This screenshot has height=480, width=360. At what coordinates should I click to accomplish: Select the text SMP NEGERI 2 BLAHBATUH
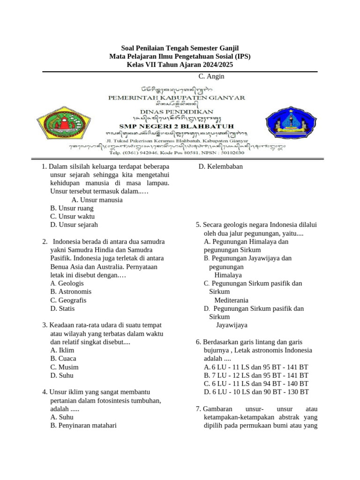[176, 126]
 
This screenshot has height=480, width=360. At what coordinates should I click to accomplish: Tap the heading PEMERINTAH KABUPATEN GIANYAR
[176, 97]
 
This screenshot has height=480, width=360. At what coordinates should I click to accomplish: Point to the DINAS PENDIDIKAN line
[176, 112]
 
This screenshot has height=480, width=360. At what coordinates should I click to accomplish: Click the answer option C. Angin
[211, 76]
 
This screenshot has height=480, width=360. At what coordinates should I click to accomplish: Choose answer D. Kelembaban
[220, 166]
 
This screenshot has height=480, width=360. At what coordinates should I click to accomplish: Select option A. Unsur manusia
[97, 200]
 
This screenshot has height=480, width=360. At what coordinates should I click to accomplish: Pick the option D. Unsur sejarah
[74, 225]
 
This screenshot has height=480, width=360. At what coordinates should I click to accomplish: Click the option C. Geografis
[68, 300]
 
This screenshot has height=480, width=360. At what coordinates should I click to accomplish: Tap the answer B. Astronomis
[71, 292]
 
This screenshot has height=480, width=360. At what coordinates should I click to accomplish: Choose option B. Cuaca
[63, 359]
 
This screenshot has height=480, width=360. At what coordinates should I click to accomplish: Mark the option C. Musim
[64, 367]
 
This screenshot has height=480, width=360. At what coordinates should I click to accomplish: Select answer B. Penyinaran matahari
[83, 426]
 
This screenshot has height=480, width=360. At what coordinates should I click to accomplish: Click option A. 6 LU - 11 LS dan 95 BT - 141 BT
[256, 367]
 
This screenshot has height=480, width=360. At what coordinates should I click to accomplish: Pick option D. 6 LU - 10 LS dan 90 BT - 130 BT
[256, 392]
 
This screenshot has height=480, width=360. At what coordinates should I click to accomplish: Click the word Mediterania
[231, 300]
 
